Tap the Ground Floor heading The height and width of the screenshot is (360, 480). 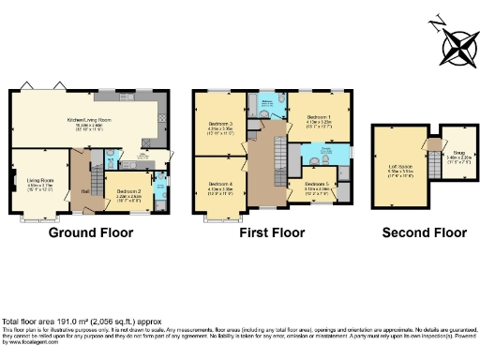tap(90, 232)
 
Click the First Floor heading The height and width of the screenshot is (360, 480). tap(272, 232)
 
